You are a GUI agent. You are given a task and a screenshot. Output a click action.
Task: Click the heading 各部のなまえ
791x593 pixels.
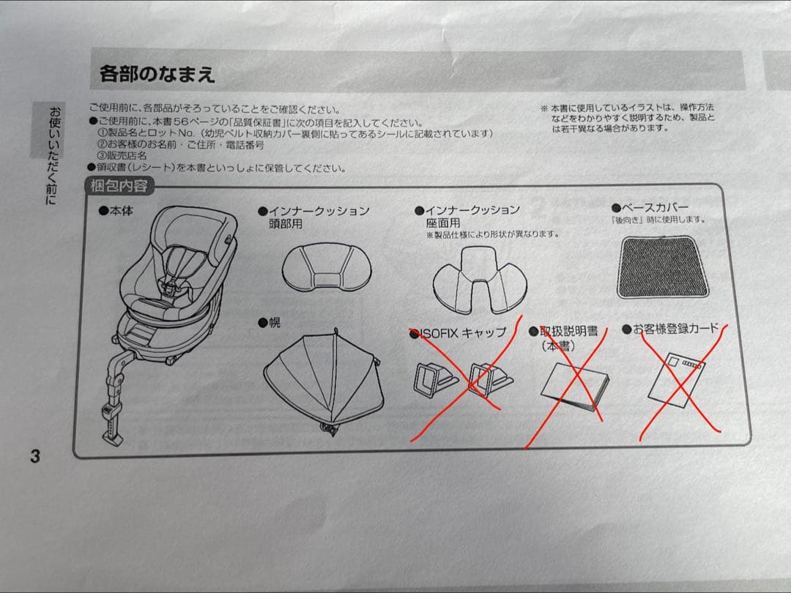tap(157, 73)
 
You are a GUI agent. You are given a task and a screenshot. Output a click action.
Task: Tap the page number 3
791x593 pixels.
tap(34, 456)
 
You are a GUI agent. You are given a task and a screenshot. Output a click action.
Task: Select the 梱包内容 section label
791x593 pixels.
tap(119, 186)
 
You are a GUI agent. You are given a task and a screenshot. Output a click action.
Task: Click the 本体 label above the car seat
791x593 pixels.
tap(120, 211)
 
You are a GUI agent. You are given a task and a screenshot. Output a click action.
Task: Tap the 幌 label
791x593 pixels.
tap(275, 322)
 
